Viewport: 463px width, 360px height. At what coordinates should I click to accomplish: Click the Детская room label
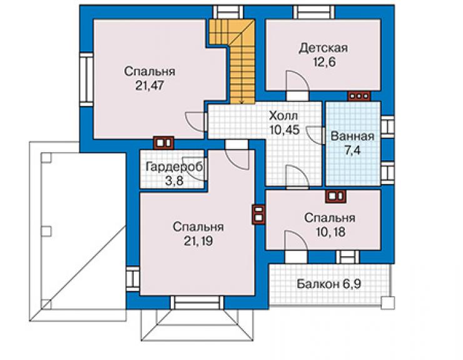323,48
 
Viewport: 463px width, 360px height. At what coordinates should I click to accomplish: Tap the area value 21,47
150,86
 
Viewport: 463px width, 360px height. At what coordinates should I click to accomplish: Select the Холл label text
283,116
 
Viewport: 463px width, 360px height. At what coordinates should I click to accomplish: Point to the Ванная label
352,136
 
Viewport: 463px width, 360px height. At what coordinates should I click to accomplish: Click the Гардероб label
174,167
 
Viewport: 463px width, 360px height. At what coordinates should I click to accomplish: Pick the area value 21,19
198,242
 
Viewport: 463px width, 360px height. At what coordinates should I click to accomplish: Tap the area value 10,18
330,232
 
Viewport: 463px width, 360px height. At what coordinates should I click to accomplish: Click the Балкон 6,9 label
328,284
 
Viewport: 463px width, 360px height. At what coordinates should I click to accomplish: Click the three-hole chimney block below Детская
359,96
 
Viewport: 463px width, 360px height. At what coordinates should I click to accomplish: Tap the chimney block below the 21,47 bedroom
163,143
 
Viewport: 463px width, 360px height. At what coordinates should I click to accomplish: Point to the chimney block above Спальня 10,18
336,196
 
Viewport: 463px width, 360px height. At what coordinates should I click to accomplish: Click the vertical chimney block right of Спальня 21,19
258,214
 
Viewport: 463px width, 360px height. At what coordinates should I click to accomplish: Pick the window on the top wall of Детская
314,13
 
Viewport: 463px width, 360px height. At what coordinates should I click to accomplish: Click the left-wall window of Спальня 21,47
86,80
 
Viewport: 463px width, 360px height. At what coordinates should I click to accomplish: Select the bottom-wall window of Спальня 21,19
197,302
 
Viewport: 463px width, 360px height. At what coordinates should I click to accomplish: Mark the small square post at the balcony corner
387,302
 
